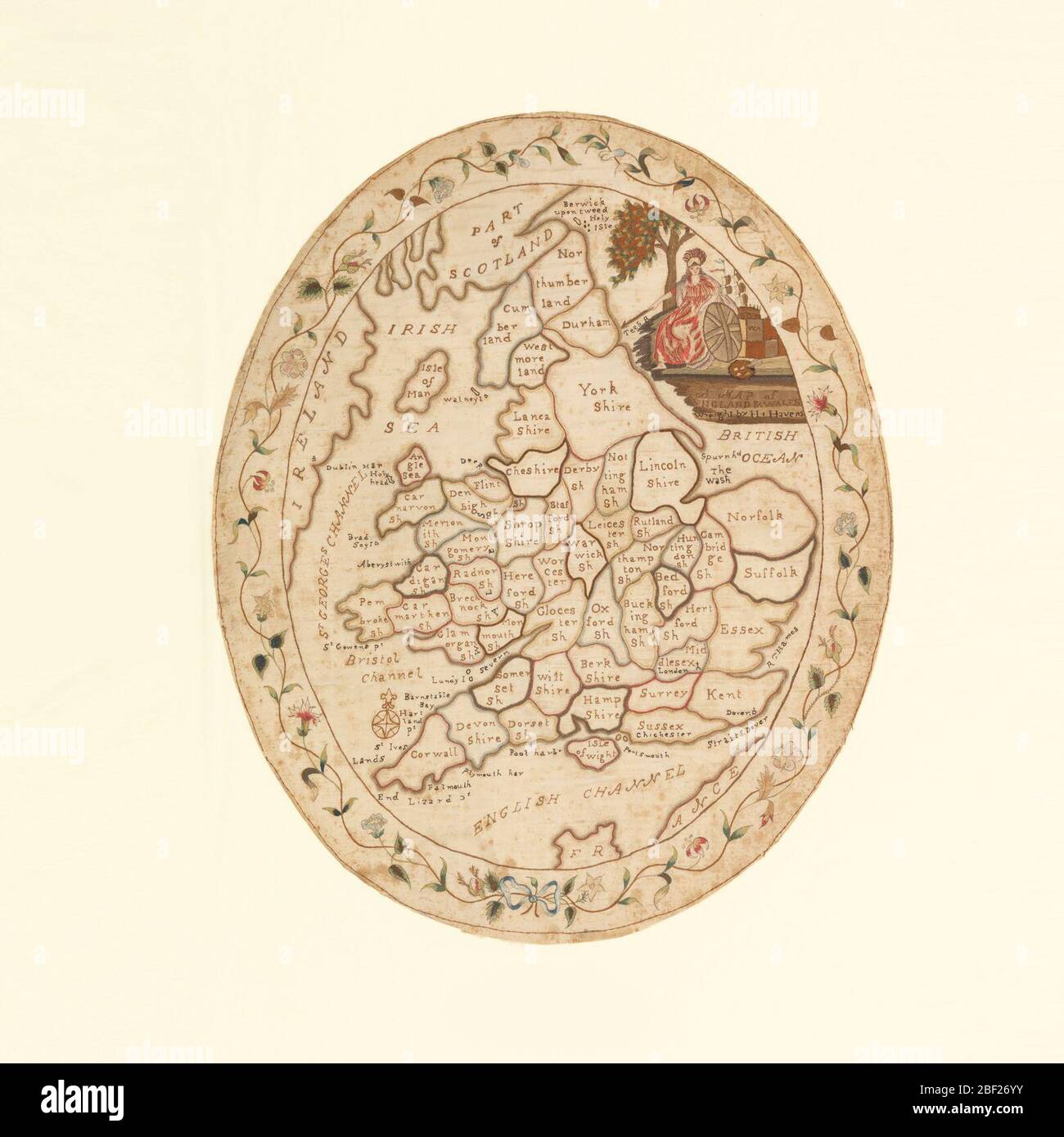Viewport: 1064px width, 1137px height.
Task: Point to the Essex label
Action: (x=742, y=630)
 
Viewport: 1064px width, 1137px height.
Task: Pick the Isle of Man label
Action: (x=430, y=381)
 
